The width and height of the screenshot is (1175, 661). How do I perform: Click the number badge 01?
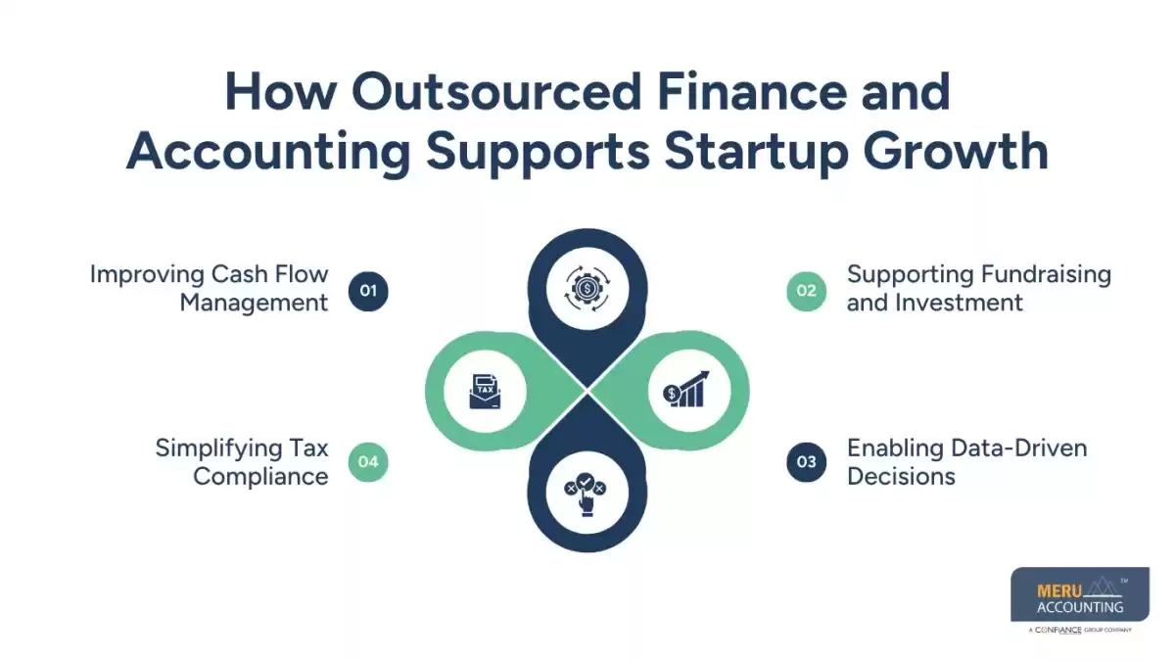[368, 290]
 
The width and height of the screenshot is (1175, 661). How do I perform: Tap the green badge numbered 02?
[806, 290]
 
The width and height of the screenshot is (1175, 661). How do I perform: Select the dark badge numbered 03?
[806, 462]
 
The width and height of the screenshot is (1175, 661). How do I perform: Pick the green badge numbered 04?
[368, 462]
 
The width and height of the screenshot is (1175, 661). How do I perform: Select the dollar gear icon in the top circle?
[587, 288]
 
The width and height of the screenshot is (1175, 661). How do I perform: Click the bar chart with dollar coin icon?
[685, 391]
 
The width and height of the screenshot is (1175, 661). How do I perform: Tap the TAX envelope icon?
[486, 391]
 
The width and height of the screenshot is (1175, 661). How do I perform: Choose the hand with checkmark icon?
[587, 493]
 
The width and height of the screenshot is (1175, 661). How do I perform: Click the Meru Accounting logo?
[1080, 600]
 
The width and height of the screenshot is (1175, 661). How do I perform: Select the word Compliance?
[260, 477]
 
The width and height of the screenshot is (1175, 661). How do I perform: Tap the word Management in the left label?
[254, 303]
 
